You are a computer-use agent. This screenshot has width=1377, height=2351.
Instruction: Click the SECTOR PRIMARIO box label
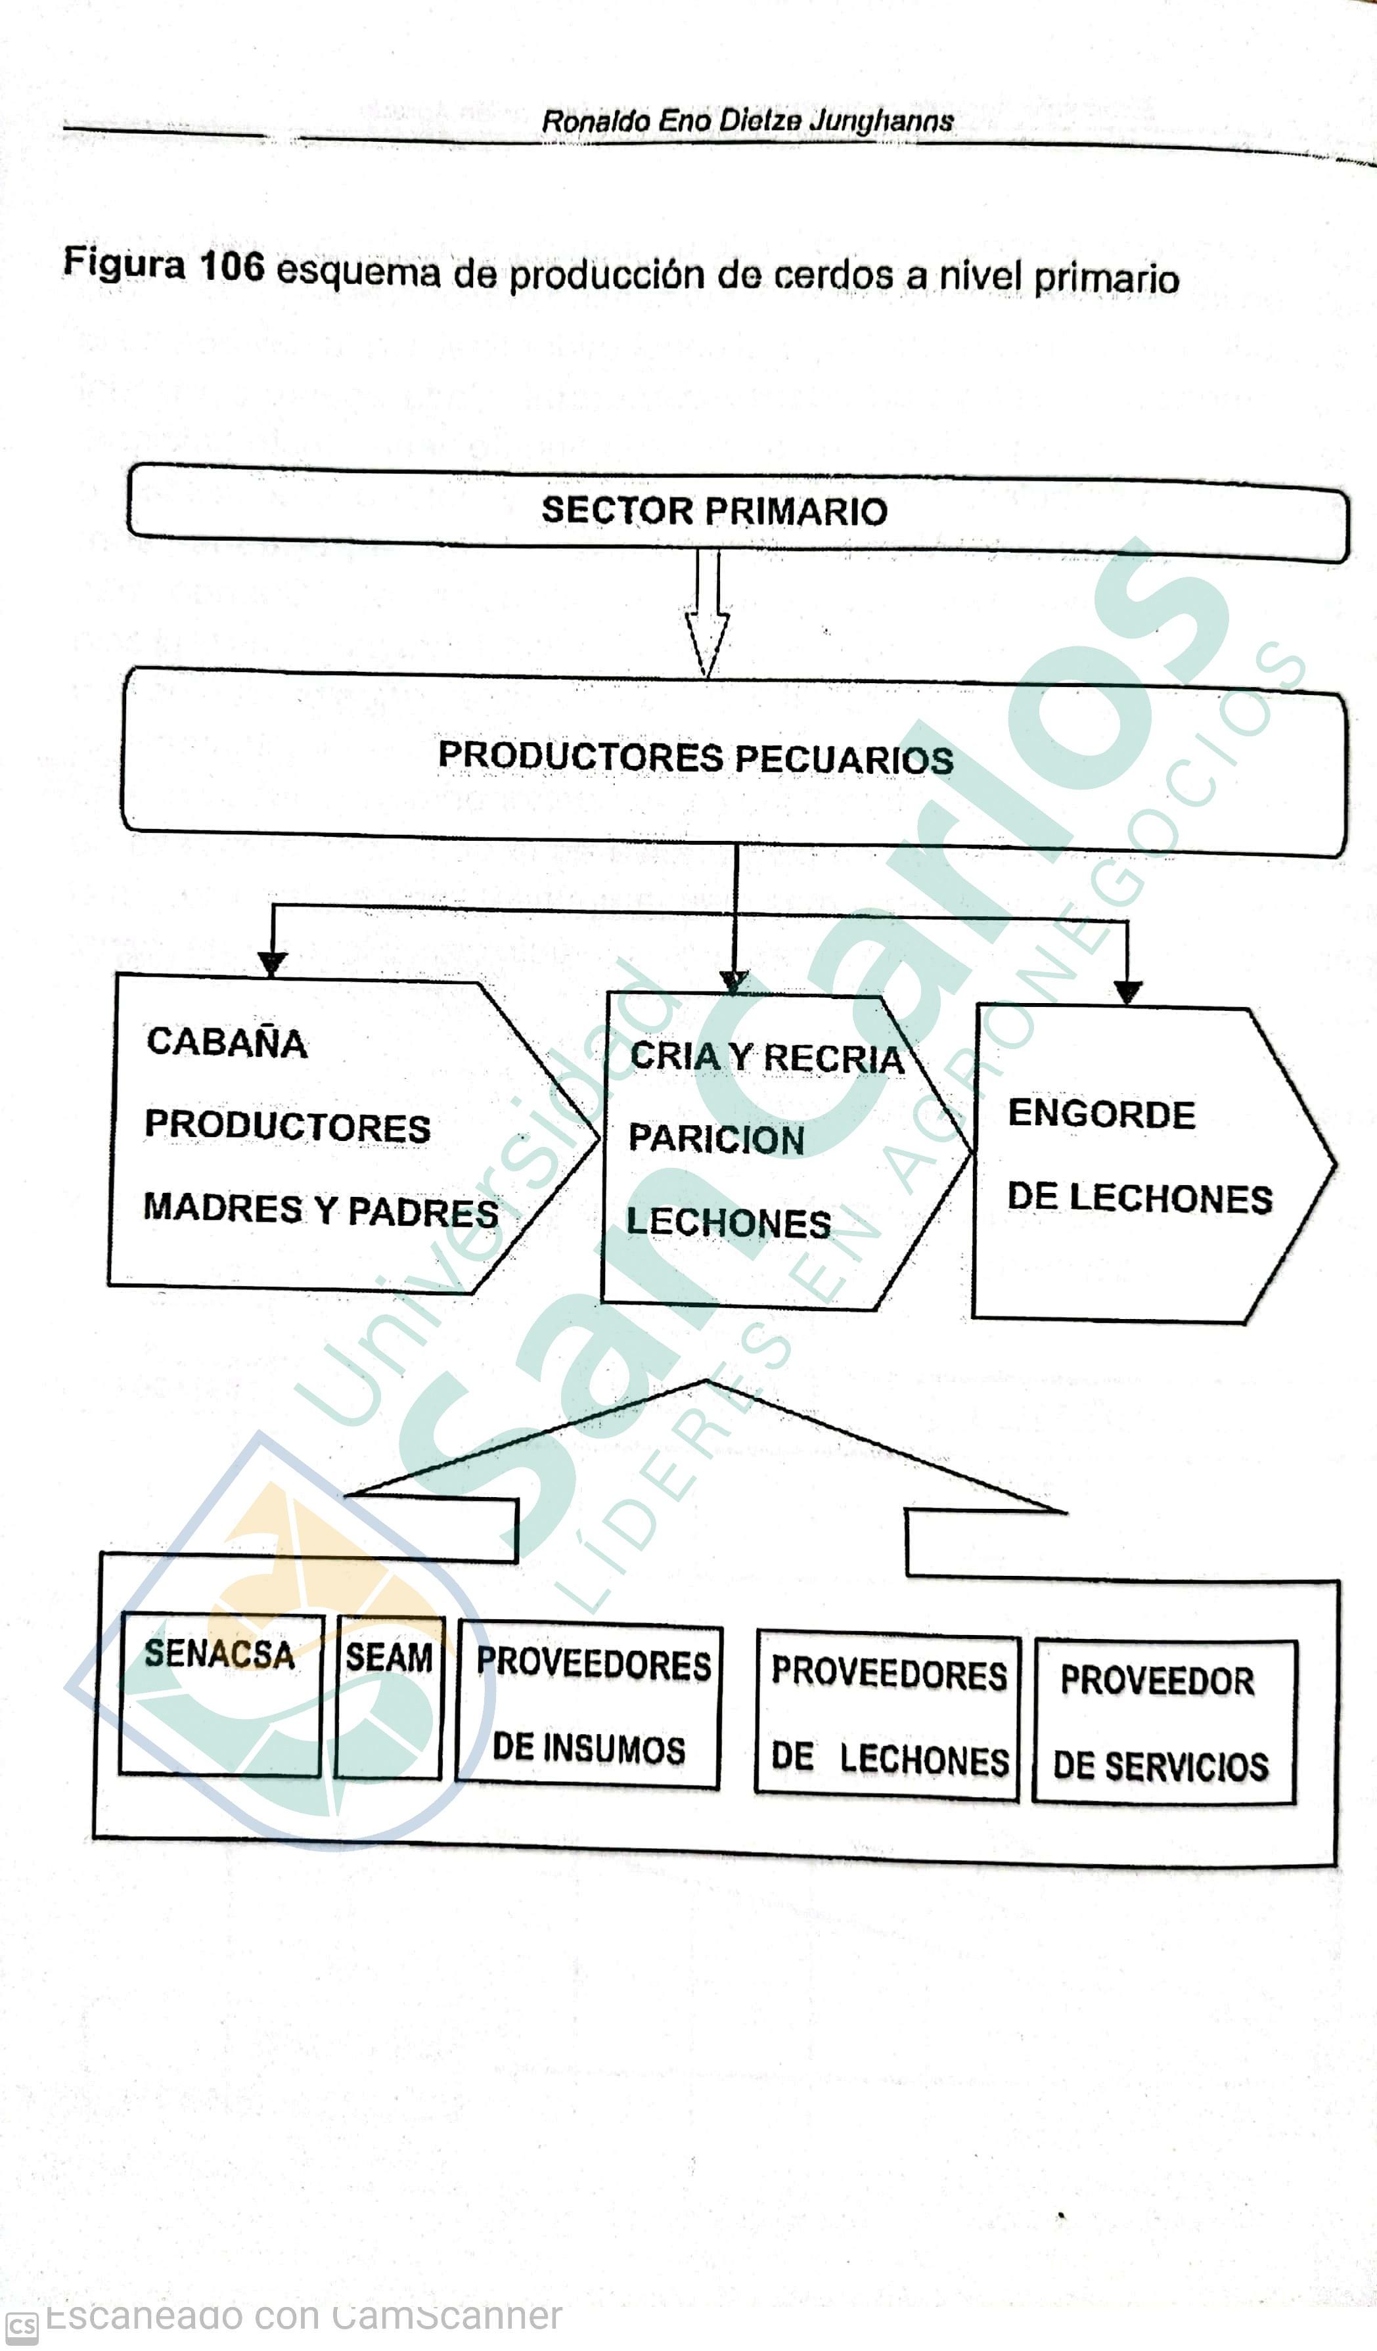(713, 511)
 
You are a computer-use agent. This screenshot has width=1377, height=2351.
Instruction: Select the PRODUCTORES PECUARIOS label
(695, 757)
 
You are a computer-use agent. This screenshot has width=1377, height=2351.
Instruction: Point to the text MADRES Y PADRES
(320, 1210)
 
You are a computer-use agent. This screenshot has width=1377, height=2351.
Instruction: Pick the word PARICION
(715, 1138)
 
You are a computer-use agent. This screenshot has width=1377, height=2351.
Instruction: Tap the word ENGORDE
(1101, 1114)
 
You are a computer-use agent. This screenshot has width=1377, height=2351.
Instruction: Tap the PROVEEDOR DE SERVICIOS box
(1164, 1723)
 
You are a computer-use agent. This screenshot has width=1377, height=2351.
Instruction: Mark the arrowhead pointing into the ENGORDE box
(1128, 992)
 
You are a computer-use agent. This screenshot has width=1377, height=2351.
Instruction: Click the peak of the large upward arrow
(706, 1381)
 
